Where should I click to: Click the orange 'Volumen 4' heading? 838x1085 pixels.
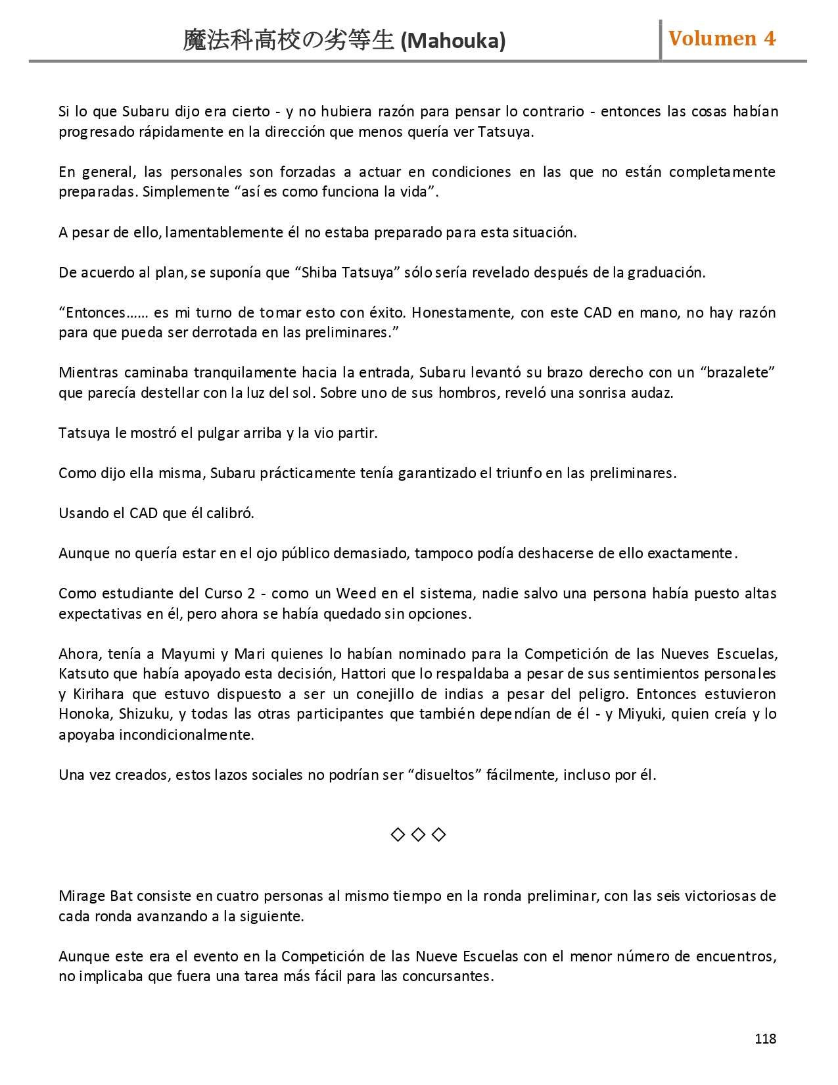pos(722,39)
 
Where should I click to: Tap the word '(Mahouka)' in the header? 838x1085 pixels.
pos(453,41)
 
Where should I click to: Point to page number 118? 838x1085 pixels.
pos(765,1038)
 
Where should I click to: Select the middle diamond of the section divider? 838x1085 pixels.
pos(418,834)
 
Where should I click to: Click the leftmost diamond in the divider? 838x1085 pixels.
pos(398,834)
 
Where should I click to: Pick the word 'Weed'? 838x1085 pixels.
pos(356,594)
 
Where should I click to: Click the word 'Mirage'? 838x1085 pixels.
pos(81,896)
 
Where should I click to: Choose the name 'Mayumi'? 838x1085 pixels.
pos(188,654)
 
